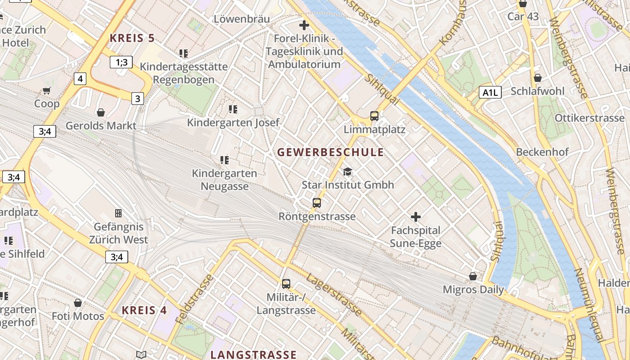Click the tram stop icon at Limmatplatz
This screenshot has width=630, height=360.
pyautogui.click(x=374, y=116)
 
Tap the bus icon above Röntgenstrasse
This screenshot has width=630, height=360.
pyautogui.click(x=317, y=202)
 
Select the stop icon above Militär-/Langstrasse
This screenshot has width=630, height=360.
pyautogui.click(x=286, y=283)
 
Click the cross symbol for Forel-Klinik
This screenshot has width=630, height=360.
pyautogui.click(x=304, y=25)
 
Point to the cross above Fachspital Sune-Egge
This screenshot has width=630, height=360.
pyautogui.click(x=416, y=217)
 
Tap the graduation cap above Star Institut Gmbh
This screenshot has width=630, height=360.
pyautogui.click(x=347, y=171)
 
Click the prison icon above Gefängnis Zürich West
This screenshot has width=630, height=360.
pyautogui.click(x=118, y=213)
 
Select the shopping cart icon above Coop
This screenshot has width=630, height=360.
pyautogui.click(x=47, y=90)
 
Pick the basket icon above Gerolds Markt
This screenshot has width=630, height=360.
pyautogui.click(x=101, y=112)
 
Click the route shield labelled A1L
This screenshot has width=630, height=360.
pyautogui.click(x=490, y=93)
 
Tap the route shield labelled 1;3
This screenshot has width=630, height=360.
pyautogui.click(x=121, y=62)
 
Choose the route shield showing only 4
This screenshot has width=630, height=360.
pyautogui.click(x=80, y=79)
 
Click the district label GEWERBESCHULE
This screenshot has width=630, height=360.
pyautogui.click(x=330, y=152)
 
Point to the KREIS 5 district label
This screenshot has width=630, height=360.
pyautogui.click(x=132, y=38)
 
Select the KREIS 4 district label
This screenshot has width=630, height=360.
pyautogui.click(x=144, y=310)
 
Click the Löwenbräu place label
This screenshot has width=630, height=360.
pyautogui.click(x=242, y=19)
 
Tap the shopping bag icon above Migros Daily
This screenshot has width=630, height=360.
pyautogui.click(x=473, y=276)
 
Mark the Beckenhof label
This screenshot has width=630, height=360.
pyautogui.click(x=542, y=152)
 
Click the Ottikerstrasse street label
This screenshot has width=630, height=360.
pyautogui.click(x=589, y=118)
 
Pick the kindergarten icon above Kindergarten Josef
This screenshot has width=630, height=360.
pyautogui.click(x=233, y=109)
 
